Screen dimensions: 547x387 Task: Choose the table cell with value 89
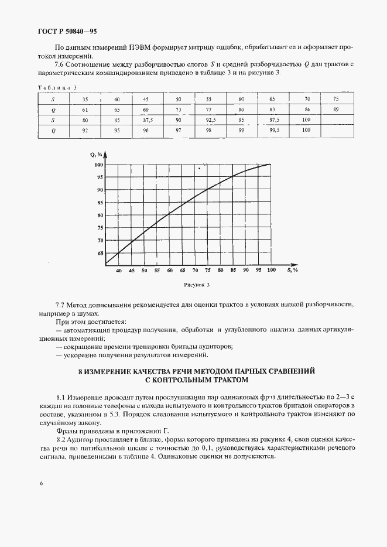click(x=335, y=110)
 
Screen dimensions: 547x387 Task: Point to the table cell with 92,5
click(x=209, y=119)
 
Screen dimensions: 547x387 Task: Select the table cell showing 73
click(x=179, y=110)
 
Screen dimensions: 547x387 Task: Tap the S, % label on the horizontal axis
click(x=292, y=270)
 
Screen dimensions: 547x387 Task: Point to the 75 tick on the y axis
click(x=100, y=228)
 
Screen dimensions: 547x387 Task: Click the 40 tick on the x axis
click(x=119, y=271)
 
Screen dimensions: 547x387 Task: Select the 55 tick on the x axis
click(x=157, y=271)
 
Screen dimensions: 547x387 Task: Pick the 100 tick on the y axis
click(x=99, y=165)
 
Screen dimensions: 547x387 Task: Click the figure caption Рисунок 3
click(x=196, y=285)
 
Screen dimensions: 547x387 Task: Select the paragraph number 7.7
click(x=60, y=306)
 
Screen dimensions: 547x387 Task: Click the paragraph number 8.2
click(x=60, y=439)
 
